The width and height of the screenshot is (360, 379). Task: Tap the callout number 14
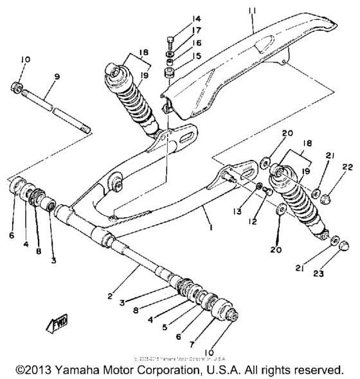197,18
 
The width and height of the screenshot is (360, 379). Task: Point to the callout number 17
197,30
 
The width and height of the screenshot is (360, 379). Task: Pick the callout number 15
197,57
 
